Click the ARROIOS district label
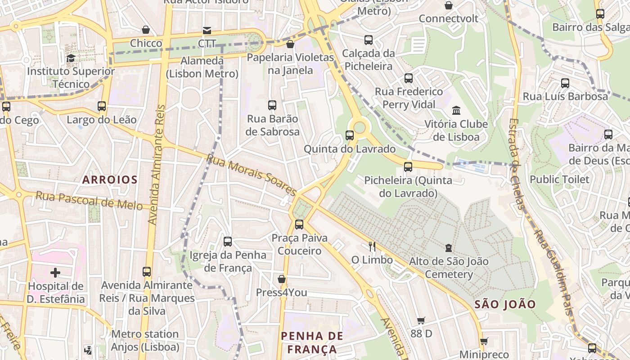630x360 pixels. (110, 180)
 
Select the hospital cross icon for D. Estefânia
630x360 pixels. (55, 273)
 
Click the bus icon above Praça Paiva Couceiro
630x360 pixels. (299, 224)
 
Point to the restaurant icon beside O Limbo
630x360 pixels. (372, 246)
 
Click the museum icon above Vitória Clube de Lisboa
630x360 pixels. (456, 111)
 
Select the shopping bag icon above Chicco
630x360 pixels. (146, 30)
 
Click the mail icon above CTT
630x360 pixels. (207, 31)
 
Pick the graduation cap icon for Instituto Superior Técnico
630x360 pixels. (71, 58)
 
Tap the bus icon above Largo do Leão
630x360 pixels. (102, 106)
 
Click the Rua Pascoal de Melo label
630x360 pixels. (89, 200)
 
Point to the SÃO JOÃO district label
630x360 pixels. (505, 305)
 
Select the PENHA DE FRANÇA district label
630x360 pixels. (312, 342)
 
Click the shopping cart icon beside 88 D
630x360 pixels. (421, 320)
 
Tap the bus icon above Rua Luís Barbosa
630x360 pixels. (565, 83)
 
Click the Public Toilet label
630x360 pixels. (559, 180)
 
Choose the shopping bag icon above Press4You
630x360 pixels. (282, 279)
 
